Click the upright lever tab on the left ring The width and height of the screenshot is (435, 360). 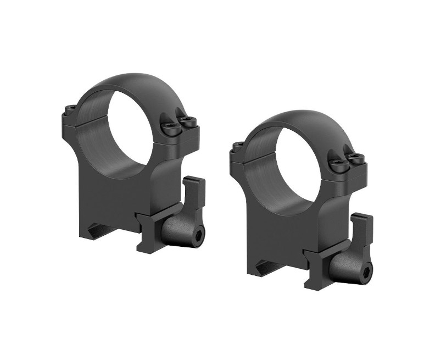193,192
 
